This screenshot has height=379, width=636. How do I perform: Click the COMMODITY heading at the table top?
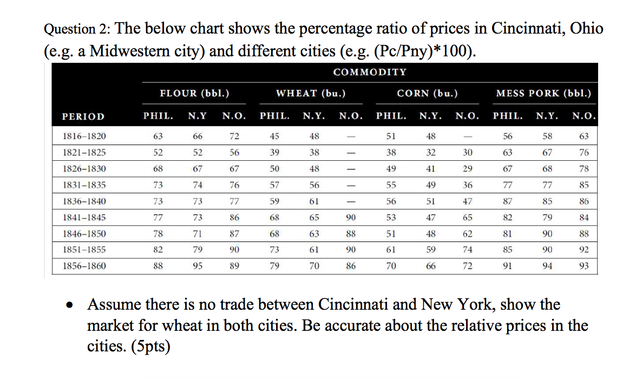click(x=370, y=72)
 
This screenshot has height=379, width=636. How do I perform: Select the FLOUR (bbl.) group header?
click(x=194, y=93)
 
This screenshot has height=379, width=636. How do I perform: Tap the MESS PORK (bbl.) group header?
click(x=543, y=93)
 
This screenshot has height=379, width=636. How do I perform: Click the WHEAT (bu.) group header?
click(x=311, y=93)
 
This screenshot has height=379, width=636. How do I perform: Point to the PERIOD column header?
click(x=83, y=116)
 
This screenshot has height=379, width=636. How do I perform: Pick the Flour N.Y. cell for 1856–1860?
click(x=198, y=266)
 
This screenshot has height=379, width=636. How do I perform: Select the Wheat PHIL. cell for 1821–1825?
click(x=274, y=152)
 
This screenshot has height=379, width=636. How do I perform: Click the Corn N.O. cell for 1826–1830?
click(x=468, y=168)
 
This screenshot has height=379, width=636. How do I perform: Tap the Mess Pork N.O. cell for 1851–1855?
click(x=583, y=250)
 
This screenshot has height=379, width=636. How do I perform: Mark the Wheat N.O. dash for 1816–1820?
click(x=351, y=136)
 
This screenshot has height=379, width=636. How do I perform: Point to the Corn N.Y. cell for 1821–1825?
click(x=431, y=152)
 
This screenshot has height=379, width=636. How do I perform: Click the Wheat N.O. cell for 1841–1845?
click(x=351, y=217)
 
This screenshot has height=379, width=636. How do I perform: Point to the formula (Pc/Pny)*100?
click(x=419, y=51)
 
